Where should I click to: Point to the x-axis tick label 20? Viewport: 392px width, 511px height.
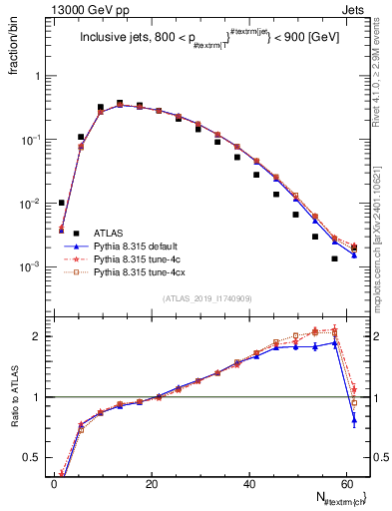(x=152, y=482)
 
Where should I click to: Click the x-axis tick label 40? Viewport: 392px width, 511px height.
(x=249, y=482)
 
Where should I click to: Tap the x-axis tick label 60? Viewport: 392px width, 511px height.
(x=347, y=482)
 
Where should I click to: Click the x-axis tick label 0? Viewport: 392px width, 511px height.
(x=54, y=482)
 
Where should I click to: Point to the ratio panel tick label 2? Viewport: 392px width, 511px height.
(x=35, y=336)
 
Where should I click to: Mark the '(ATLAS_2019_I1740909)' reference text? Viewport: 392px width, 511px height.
(x=207, y=298)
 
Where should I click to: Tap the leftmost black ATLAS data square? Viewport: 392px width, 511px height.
(x=62, y=203)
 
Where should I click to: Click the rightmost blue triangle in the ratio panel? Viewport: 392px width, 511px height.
(x=354, y=420)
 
